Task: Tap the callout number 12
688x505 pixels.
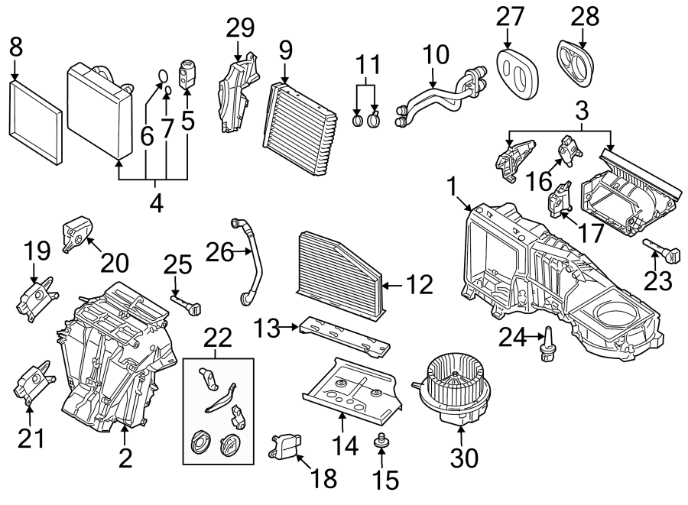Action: pos(420,286)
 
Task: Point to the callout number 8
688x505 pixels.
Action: pos(15,47)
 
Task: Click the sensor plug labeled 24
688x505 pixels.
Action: pos(547,348)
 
